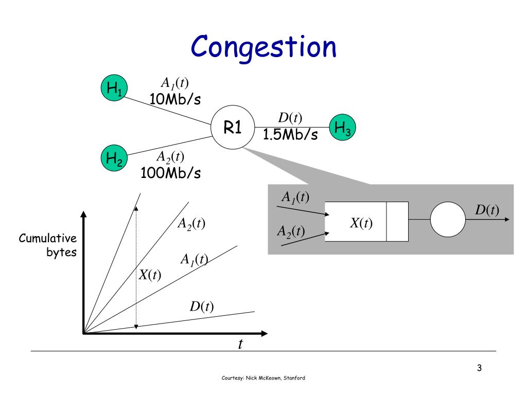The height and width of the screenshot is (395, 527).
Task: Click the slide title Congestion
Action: (x=263, y=48)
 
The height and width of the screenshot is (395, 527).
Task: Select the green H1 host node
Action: (x=114, y=88)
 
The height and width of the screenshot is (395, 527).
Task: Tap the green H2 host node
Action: (x=114, y=158)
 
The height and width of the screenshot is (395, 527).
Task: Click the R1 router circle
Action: (x=233, y=128)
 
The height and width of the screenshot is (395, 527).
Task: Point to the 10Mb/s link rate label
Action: (x=175, y=99)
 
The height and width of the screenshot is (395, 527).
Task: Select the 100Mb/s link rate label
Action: (x=170, y=173)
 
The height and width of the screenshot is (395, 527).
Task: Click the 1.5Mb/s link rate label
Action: (x=290, y=135)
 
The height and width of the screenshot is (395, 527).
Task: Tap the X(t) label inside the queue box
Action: (x=361, y=223)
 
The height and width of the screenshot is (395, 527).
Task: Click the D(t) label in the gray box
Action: (x=487, y=210)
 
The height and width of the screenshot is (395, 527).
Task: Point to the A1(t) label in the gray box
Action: (x=295, y=197)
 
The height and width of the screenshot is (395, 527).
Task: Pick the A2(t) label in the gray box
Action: (x=291, y=231)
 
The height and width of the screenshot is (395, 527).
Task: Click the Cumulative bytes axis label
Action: (x=48, y=245)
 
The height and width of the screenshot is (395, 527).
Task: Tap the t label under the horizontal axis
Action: (x=240, y=344)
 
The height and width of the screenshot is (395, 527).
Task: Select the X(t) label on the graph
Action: (x=150, y=275)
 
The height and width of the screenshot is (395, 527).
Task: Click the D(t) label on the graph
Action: (x=201, y=307)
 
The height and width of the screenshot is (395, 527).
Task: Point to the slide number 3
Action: (x=479, y=368)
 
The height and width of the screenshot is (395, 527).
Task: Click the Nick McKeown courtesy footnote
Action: (x=263, y=378)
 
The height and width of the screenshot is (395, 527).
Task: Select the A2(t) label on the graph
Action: (x=191, y=224)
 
